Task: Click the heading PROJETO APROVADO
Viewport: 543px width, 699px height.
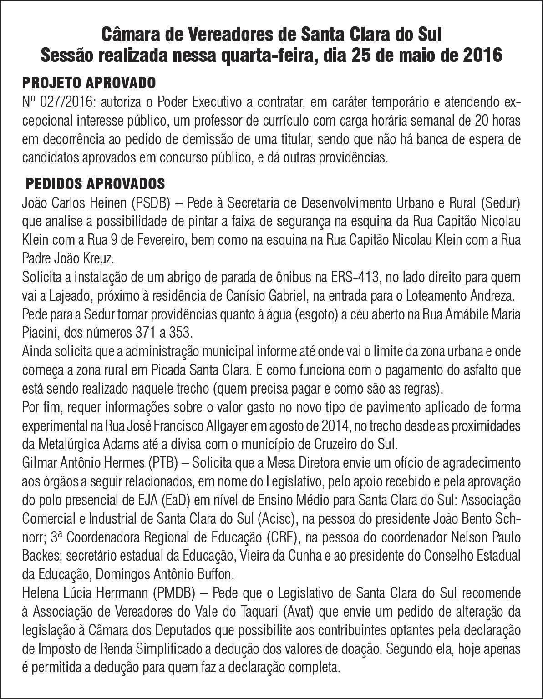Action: (x=89, y=83)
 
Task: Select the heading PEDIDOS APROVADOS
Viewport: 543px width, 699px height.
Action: (x=95, y=184)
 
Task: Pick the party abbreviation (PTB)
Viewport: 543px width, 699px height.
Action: (x=162, y=463)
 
